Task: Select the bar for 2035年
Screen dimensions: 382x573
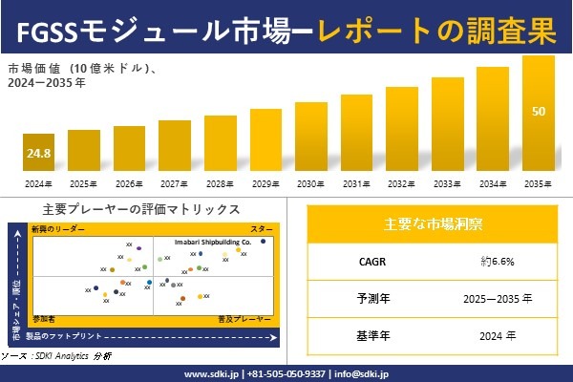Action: (539, 115)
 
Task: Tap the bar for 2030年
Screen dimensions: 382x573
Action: (310, 138)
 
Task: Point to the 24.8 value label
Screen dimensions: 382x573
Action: (38, 153)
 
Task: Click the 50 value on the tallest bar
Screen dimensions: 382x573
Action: (539, 112)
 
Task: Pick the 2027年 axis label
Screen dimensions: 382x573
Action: (174, 182)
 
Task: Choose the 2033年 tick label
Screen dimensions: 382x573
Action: (447, 182)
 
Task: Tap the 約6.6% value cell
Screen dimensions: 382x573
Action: (503, 261)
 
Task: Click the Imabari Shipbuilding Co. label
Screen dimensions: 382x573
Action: (212, 243)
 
